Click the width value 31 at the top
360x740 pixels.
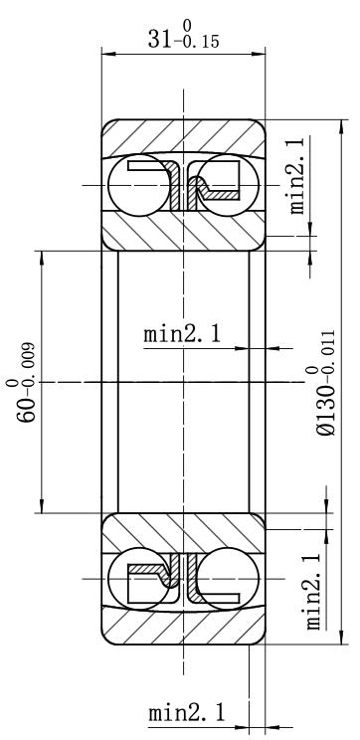pos(159,39)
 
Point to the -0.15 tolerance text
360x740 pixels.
pos(196,42)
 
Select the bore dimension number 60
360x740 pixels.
pos(27,409)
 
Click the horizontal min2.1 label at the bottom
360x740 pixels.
pos(187,712)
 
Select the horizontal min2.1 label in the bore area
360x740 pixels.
pos(182,334)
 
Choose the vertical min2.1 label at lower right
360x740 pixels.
pos(314,592)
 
